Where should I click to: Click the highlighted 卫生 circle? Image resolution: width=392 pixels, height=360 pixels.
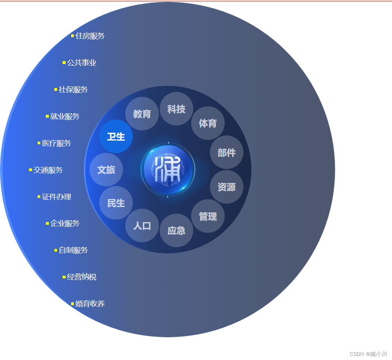[x=116, y=136]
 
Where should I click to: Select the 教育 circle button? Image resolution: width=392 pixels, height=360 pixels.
[x=142, y=114]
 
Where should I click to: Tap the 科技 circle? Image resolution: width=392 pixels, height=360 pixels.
[x=176, y=109]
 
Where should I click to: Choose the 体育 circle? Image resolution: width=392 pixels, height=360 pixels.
[x=208, y=123]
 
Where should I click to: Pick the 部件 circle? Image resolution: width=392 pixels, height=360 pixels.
[x=227, y=152]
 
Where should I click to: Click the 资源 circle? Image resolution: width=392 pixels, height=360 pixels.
[x=227, y=187]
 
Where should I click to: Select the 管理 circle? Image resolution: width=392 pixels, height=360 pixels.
[x=208, y=216]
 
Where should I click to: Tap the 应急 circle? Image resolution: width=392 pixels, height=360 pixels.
[x=176, y=230]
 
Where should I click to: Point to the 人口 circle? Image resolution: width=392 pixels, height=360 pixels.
[x=142, y=225]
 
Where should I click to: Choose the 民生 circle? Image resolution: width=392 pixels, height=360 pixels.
[x=116, y=203]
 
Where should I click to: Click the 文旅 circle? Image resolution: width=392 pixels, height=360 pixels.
[x=106, y=170]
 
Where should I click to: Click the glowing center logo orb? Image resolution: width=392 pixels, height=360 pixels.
[x=168, y=170]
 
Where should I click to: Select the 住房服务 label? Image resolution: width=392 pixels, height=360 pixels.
[x=90, y=36]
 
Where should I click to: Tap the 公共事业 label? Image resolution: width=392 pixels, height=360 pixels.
[x=82, y=63]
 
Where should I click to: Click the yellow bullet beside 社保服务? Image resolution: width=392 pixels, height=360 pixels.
[x=56, y=89]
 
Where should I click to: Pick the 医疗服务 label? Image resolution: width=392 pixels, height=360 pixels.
[x=57, y=143]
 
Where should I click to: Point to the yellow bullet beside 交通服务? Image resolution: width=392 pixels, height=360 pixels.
[x=31, y=170]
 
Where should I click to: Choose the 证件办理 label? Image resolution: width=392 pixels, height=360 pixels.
[x=57, y=197]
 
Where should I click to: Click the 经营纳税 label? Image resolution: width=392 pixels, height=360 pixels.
[x=82, y=277]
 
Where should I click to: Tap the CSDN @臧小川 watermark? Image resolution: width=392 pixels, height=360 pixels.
[x=369, y=354]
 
